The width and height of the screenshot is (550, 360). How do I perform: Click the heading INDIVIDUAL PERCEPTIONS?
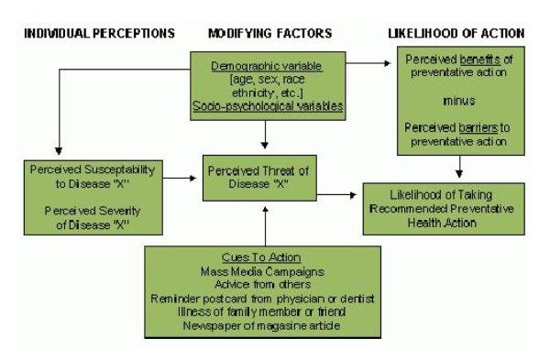click(98, 34)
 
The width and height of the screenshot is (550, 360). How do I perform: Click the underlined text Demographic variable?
click(267, 67)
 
